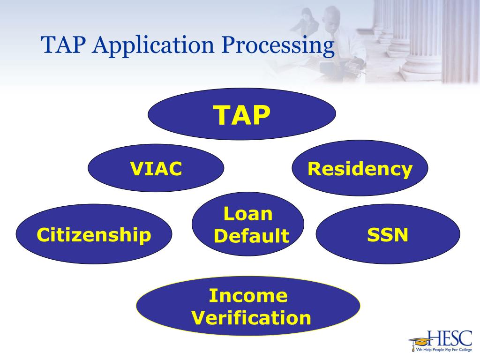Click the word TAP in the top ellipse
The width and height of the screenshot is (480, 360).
[242, 115]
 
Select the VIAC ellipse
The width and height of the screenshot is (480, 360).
[156, 168]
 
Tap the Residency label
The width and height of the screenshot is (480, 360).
[360, 169]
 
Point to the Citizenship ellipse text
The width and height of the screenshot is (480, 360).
[94, 234]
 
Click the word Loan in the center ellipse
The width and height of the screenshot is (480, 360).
[248, 214]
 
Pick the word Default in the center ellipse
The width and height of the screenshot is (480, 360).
[251, 236]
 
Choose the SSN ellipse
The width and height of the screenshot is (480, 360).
[388, 234]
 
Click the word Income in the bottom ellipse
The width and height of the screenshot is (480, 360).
[248, 296]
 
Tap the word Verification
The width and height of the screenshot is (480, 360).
[252, 318]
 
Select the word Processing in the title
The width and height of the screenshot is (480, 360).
[277, 45]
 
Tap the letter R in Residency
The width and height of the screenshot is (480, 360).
[314, 168]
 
